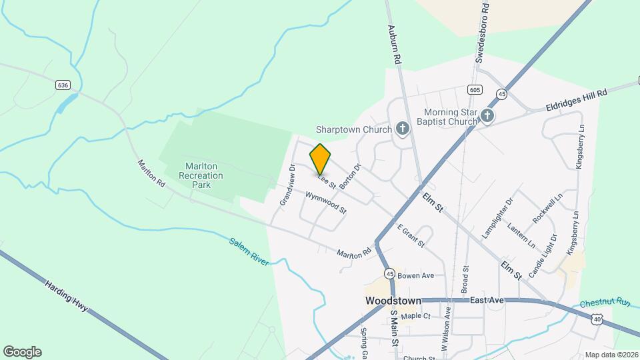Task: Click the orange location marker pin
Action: coord(321,159)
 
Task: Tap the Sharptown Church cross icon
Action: coord(402,127)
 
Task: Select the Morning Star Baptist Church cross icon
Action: coord(487,116)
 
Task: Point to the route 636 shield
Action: coord(63,85)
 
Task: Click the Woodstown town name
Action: coord(392,301)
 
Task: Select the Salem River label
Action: coord(249,252)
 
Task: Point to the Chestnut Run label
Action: coord(605,303)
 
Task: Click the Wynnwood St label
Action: coord(326,202)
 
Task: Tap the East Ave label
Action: coord(486,300)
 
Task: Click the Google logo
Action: coord(22,352)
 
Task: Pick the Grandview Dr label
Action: coord(288,184)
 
